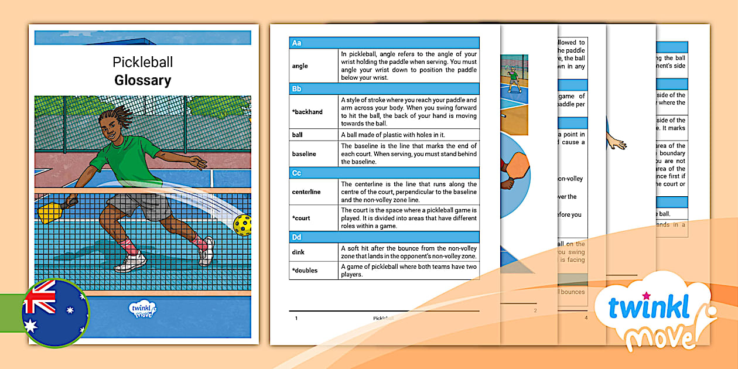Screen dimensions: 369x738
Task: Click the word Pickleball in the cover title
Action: (x=143, y=62)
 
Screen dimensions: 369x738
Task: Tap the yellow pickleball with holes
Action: (x=242, y=224)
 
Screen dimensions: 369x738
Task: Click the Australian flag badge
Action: (x=55, y=313)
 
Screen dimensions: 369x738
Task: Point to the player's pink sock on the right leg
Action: (x=201, y=241)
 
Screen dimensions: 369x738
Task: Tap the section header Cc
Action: (x=297, y=173)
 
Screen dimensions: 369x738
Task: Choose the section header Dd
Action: (x=297, y=238)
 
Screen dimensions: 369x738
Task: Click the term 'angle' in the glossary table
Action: (x=300, y=66)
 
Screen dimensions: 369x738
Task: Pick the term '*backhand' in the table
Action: (x=307, y=112)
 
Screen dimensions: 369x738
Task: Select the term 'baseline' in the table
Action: (x=304, y=154)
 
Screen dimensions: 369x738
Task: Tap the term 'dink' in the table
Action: (x=298, y=252)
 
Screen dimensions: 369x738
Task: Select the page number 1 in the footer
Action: (x=296, y=318)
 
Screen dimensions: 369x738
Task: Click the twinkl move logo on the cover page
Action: (x=142, y=309)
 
